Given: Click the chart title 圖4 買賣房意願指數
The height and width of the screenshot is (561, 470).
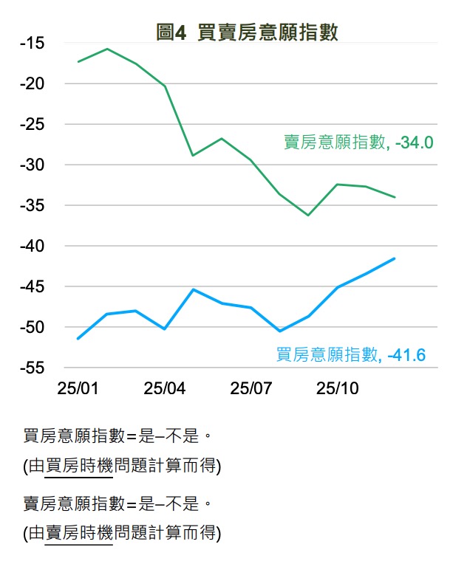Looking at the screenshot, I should click(247, 32).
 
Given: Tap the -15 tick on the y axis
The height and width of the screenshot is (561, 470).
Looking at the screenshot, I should click(32, 44).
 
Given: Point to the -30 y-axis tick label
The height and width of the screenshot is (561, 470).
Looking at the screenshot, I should click(32, 165).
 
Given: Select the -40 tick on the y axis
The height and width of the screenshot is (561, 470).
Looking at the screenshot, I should click(32, 246).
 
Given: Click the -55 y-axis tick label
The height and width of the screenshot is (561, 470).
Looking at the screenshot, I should click(32, 368).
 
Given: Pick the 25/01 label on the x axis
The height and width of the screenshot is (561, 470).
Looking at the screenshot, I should click(78, 388).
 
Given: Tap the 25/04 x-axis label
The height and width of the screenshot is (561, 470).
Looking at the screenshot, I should click(164, 388).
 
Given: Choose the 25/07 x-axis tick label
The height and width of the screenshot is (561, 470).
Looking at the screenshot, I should click(251, 388).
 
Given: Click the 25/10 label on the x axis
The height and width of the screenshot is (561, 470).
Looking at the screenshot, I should click(338, 388).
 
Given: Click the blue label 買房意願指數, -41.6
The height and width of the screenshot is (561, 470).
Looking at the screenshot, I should click(351, 355).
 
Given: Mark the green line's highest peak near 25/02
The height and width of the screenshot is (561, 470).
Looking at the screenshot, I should click(107, 49).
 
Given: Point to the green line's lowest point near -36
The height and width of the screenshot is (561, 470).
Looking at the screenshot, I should click(308, 215).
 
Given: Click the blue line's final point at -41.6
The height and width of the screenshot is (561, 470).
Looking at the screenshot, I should click(395, 258).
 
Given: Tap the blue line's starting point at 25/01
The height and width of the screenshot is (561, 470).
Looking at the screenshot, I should click(78, 338).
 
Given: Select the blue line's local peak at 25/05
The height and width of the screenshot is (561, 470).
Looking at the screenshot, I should click(193, 289).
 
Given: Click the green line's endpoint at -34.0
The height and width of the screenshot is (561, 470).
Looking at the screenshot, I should click(395, 197).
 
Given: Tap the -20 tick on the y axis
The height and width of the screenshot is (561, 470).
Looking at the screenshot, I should click(32, 84).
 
